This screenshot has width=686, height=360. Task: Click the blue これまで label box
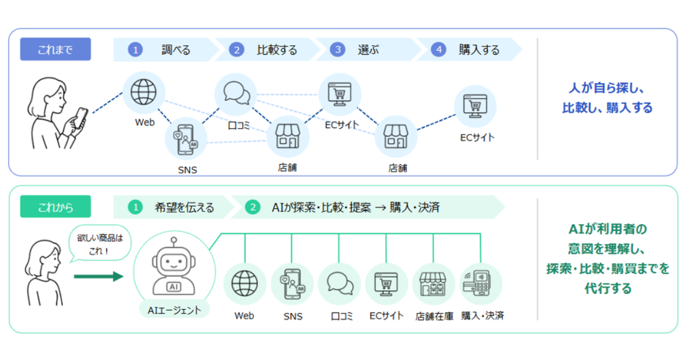[x=55, y=49]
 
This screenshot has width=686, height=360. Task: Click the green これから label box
[x=55, y=207]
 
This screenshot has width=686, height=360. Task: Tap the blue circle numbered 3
[x=337, y=50]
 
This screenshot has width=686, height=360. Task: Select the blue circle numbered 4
[x=438, y=50]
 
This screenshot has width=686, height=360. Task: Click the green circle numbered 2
[x=253, y=207]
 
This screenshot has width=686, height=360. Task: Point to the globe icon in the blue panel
[x=143, y=92]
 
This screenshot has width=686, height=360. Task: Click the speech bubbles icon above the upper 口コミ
[x=237, y=93]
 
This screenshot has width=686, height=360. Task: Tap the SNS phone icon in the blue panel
[x=186, y=139]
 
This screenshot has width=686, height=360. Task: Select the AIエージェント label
[x=174, y=310]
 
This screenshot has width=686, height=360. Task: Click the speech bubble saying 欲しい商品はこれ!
[x=100, y=243]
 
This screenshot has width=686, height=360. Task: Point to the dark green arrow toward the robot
[x=98, y=277]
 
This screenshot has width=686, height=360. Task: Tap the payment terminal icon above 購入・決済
[x=478, y=283]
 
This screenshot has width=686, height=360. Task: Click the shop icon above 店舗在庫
[x=433, y=284]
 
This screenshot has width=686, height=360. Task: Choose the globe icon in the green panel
[x=245, y=283]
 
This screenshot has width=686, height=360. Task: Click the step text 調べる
[x=176, y=50]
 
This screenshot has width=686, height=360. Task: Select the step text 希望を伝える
[x=184, y=207]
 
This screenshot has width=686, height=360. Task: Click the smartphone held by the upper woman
[x=81, y=117]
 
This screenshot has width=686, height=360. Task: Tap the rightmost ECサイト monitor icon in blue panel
[x=475, y=106]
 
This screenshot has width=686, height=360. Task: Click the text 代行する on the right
[x=608, y=289]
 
